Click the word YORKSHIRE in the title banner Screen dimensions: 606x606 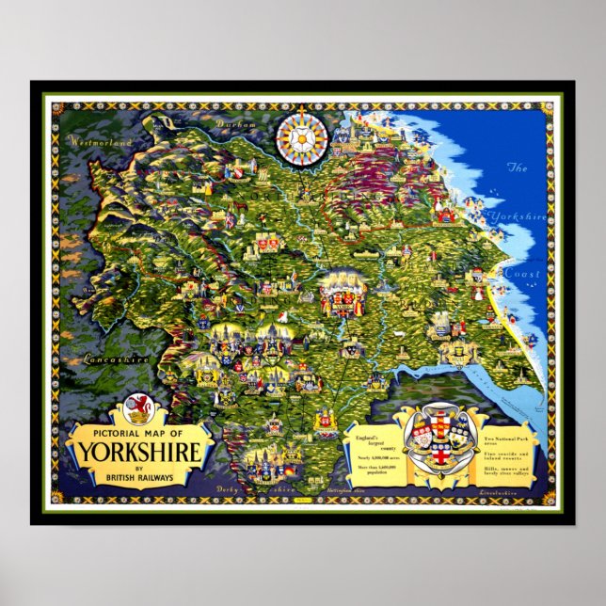click(x=139, y=453)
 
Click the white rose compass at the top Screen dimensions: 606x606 click(x=302, y=138)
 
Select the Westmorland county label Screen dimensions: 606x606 click(x=97, y=142)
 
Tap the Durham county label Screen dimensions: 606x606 click(x=230, y=123)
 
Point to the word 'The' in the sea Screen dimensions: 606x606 click(x=518, y=167)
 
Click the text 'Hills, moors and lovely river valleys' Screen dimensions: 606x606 click(x=507, y=470)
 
